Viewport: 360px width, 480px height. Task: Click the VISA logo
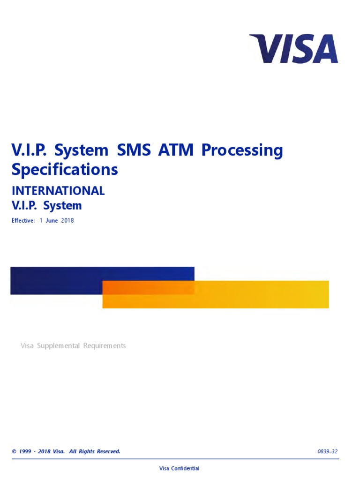(x=294, y=49)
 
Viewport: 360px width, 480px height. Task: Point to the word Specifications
(x=65, y=170)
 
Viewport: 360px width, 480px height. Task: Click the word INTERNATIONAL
(x=58, y=191)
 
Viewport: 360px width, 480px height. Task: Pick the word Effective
(x=23, y=221)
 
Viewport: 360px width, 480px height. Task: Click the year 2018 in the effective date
(x=67, y=221)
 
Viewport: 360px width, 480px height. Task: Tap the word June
(x=49, y=221)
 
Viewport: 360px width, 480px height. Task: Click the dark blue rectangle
(x=56, y=280)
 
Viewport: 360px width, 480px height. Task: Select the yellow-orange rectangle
(x=262, y=294)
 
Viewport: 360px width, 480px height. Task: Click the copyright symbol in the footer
(x=14, y=452)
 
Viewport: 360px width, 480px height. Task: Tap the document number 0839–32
(x=327, y=452)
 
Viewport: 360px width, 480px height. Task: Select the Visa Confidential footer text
(x=180, y=469)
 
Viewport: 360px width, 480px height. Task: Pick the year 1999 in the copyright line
(x=26, y=452)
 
